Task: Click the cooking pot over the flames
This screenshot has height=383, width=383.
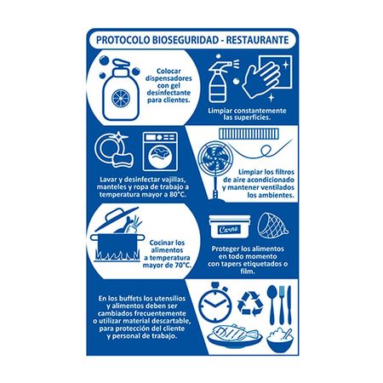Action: point(118,239)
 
